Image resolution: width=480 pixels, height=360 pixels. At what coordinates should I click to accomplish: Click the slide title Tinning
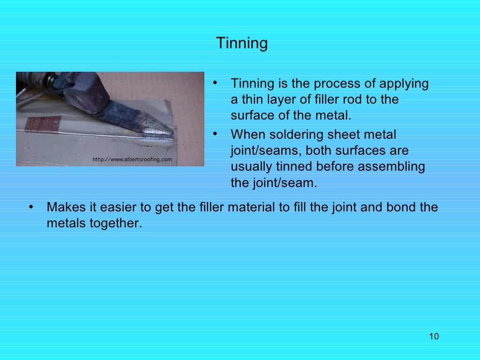[242, 44]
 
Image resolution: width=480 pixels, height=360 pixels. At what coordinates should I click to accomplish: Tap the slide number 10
[434, 337]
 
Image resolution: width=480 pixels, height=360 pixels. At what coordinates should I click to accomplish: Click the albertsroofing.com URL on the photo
[132, 160]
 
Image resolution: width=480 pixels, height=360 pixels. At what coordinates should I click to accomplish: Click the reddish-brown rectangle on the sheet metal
[43, 124]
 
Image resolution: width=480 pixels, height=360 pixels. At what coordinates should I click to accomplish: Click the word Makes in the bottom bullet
[64, 207]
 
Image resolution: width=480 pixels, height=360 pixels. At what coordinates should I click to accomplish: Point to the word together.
[116, 223]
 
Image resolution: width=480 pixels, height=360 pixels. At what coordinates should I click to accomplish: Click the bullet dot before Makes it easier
[30, 207]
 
